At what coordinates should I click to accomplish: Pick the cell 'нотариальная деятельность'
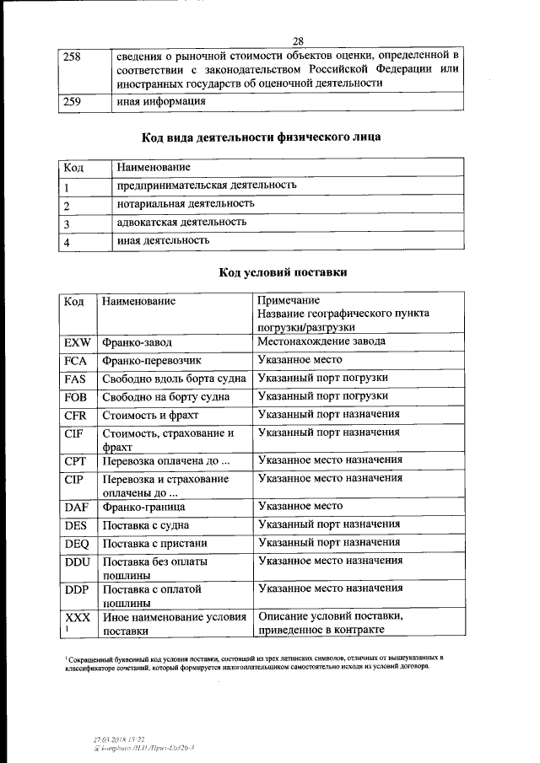click(186, 203)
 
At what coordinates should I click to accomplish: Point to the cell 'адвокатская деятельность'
click(181, 222)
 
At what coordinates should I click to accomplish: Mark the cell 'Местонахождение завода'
click(321, 341)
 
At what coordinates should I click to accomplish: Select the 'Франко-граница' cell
click(143, 508)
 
